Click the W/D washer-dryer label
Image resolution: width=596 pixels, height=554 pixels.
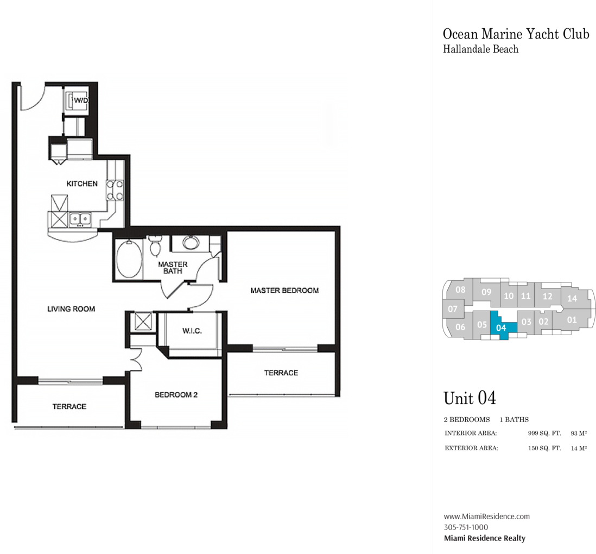tap(81, 100)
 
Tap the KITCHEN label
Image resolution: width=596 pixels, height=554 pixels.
tap(82, 184)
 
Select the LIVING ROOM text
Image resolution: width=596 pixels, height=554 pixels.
tap(71, 309)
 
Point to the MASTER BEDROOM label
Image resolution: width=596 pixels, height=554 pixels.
tap(284, 291)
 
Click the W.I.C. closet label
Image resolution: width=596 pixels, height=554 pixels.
tap(192, 331)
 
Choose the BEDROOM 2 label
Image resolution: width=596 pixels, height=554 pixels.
tap(176, 395)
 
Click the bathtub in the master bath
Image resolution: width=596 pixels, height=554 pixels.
tap(129, 259)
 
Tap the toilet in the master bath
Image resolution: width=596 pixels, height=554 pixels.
tap(155, 245)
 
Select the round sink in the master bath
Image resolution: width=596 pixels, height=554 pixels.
tap(191, 242)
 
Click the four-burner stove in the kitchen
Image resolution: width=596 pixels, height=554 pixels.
tap(115, 190)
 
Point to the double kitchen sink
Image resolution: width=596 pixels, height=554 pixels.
tap(80, 219)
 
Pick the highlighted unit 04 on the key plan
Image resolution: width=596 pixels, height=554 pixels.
tap(502, 326)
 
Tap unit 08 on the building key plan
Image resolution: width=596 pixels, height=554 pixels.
tap(460, 289)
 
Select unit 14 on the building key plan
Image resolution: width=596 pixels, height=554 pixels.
tap(572, 299)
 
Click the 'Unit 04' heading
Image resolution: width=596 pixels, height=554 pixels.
tap(470, 398)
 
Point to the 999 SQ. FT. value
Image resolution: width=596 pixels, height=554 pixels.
tap(544, 433)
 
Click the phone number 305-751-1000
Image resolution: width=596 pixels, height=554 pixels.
tap(466, 527)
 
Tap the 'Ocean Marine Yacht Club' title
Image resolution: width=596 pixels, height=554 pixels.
tap(516, 34)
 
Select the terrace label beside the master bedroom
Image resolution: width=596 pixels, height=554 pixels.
tap(281, 373)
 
